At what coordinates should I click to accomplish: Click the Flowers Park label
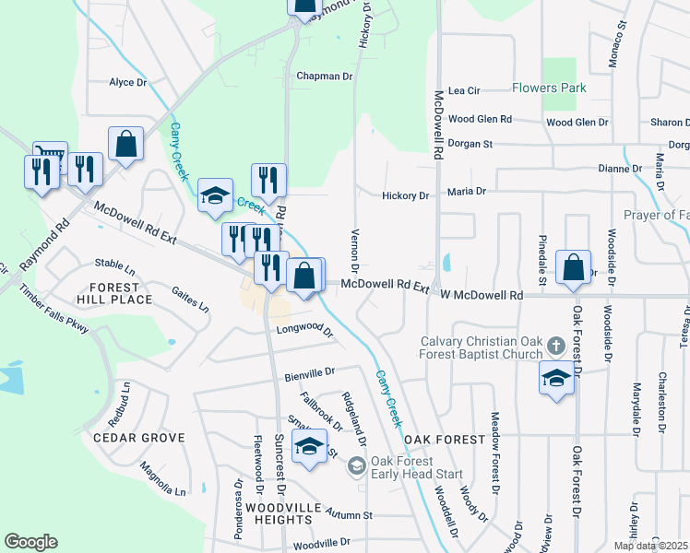[550, 89]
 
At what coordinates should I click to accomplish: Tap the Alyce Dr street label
[128, 82]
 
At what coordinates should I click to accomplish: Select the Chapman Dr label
[325, 76]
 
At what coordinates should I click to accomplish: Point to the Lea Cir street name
[464, 91]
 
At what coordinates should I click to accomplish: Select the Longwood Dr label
[303, 328]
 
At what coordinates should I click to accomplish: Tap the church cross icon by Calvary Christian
[555, 346]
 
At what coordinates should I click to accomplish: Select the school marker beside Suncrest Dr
[309, 448]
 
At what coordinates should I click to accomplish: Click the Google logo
[30, 542]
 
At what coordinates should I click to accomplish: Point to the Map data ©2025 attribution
[650, 546]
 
